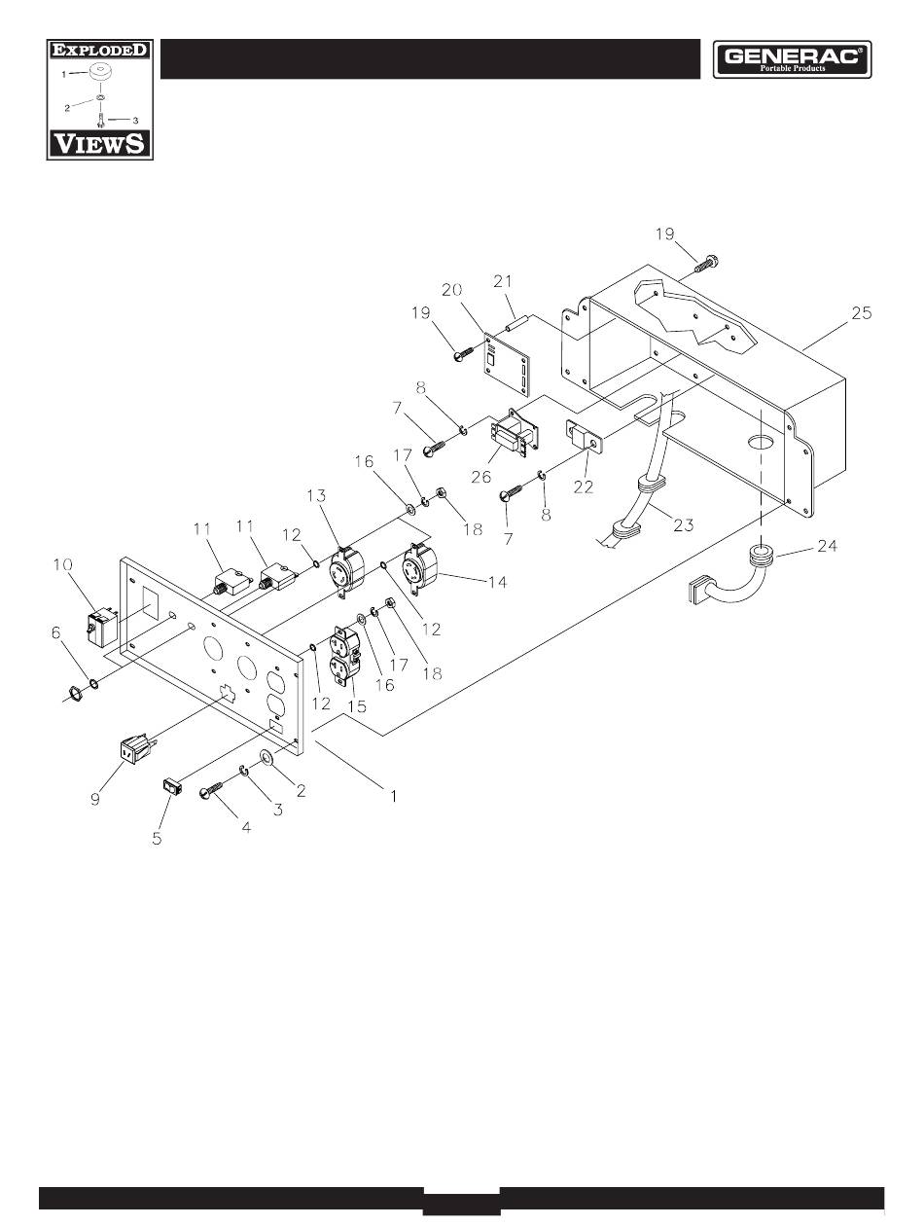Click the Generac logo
[791, 59]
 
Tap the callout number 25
[861, 312]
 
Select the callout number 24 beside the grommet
[827, 545]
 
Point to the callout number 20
[451, 290]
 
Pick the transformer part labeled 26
[515, 433]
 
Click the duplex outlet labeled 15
[346, 656]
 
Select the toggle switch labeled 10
[102, 629]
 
